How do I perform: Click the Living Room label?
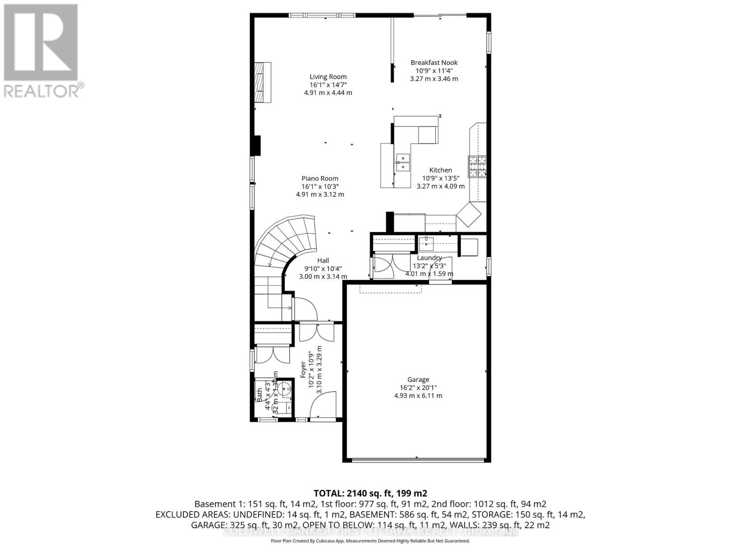point(328,77)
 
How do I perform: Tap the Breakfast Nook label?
point(434,63)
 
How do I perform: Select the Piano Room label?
point(320,178)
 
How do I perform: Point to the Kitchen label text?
point(440,170)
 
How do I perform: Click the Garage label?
point(418,379)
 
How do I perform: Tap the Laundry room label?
point(429,258)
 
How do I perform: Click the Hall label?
point(323,260)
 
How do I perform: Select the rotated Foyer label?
point(304,370)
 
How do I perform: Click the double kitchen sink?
point(403,161)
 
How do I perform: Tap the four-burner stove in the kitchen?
point(477,167)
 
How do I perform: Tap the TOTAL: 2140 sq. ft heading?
point(370,493)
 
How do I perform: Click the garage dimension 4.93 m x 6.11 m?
point(418,396)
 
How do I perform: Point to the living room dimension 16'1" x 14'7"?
point(328,85)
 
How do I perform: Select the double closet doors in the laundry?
point(383,265)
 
